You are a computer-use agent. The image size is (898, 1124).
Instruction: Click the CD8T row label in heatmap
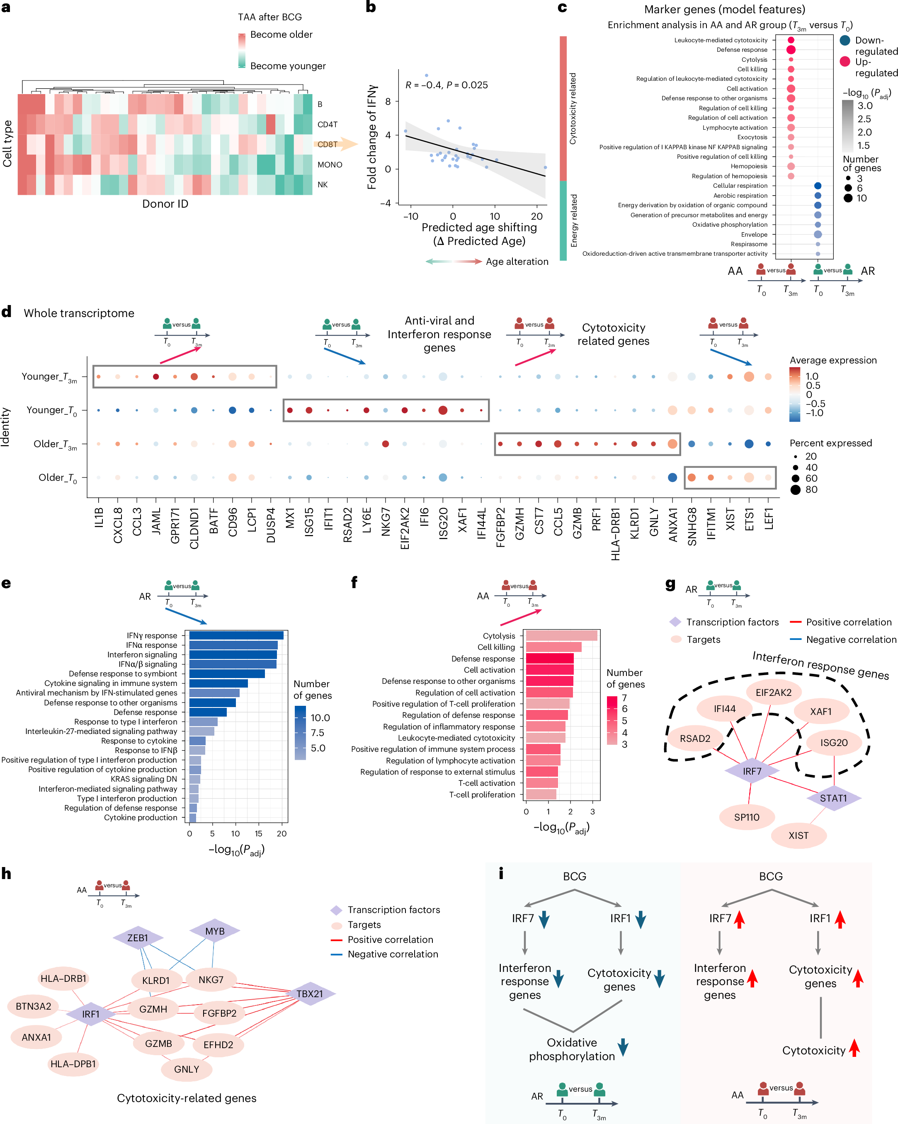click(328, 144)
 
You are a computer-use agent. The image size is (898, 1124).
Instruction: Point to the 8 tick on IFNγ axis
click(388, 101)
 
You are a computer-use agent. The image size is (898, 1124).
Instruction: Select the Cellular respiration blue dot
click(817, 186)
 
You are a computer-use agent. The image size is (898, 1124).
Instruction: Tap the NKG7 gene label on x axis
click(386, 521)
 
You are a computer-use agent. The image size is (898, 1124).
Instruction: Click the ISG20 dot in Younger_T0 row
click(443, 410)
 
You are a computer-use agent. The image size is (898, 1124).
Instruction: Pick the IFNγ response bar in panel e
click(236, 635)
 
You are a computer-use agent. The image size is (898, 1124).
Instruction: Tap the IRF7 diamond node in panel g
click(752, 771)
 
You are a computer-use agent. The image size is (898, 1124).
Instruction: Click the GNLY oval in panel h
click(186, 1069)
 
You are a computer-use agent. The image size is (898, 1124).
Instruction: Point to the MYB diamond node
click(214, 932)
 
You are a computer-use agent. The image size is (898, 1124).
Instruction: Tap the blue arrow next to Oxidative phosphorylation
click(623, 1047)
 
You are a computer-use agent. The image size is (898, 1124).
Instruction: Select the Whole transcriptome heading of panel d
click(79, 313)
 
